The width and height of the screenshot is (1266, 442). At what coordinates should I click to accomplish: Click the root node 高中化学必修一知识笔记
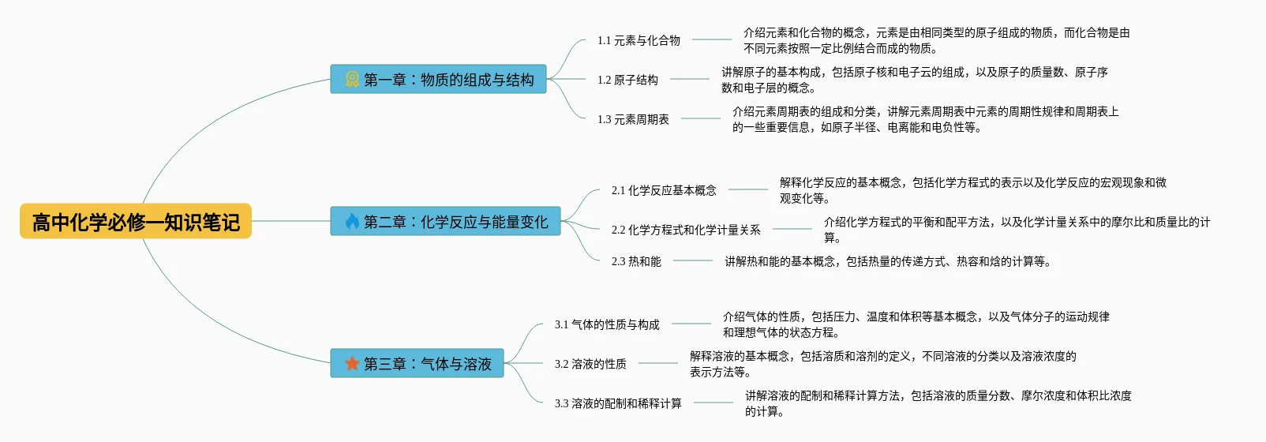136,222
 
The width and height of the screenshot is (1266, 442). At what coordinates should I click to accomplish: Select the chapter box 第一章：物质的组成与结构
439,79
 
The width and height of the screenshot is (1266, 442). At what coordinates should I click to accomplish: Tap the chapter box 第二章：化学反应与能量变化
446,222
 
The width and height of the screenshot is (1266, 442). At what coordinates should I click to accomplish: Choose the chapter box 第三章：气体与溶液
418,364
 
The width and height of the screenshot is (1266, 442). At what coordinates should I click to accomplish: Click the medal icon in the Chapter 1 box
352,79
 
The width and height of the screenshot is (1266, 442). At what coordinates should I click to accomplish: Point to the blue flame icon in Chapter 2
352,222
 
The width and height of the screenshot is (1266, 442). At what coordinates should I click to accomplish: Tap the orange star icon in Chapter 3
352,364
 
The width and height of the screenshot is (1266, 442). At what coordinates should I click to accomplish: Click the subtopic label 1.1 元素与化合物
639,40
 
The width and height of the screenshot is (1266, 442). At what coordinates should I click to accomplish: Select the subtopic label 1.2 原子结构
627,80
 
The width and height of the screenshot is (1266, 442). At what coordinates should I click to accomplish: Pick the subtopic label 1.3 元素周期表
633,119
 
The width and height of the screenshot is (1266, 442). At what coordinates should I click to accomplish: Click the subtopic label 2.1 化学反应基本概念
664,190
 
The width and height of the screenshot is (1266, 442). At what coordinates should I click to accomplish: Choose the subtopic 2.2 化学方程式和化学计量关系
686,230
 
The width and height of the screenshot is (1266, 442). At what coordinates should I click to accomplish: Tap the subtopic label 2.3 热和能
636,261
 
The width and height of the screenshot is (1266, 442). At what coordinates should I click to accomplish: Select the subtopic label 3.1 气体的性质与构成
607,324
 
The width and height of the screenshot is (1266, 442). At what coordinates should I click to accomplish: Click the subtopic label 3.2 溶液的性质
590,364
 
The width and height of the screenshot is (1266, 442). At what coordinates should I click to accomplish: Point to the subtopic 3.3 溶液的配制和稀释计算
618,403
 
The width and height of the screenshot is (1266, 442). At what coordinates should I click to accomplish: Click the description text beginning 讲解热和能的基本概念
887,261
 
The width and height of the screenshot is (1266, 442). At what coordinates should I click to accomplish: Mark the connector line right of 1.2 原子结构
690,79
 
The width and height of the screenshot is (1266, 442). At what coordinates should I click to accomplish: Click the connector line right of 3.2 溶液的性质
658,363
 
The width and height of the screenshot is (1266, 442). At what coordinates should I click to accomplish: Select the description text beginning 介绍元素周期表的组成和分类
925,119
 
